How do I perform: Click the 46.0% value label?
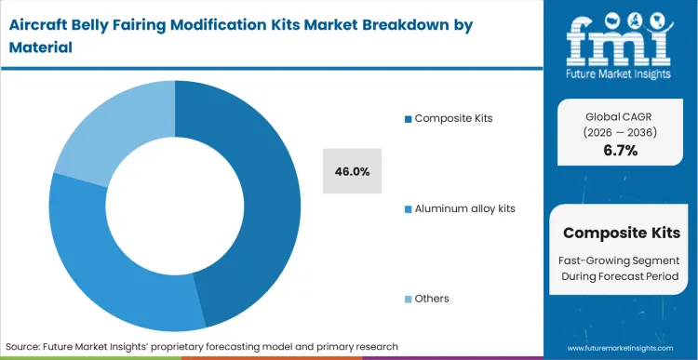352,171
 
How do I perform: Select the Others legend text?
432,299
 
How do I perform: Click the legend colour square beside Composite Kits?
408,118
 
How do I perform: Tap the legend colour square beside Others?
408,299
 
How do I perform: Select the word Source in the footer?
25,346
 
